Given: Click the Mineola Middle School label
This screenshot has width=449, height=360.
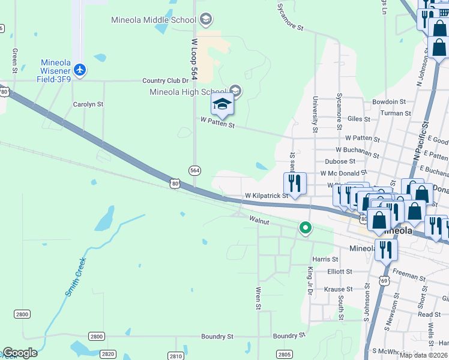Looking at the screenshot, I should pos(154,20).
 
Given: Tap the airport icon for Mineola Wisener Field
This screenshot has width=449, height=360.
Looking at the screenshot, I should pos(80,70).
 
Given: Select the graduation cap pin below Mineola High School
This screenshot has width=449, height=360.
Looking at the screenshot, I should pos(222,105).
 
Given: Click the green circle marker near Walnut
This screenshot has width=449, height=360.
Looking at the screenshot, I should pos(306,227).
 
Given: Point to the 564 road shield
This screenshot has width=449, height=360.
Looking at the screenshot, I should pos(194,170).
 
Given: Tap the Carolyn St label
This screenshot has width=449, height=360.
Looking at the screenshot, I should pos(88,104).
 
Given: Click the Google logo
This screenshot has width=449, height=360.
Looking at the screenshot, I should pos(20,353).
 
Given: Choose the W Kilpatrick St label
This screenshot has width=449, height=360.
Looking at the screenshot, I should pos(267,196).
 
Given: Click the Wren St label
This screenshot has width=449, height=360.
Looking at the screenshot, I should pos(259,298).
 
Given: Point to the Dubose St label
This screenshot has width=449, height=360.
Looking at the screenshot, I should pos(340,161).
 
